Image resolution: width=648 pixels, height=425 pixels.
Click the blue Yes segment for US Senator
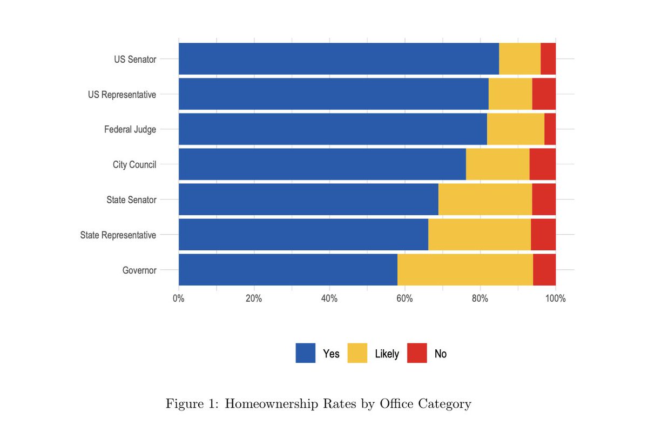[x=339, y=59]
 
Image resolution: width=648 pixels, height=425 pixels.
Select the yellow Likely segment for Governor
[x=465, y=269]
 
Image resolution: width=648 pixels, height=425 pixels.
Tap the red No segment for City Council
[x=542, y=164]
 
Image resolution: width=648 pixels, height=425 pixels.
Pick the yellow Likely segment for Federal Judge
[x=515, y=129]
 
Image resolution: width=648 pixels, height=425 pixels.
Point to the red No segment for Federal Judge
[x=550, y=129]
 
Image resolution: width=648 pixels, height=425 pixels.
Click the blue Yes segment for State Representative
[x=303, y=234]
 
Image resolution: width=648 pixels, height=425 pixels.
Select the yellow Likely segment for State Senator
[x=485, y=200]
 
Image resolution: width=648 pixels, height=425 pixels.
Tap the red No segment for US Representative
[x=544, y=94]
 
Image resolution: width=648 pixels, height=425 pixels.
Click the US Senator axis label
[x=135, y=59]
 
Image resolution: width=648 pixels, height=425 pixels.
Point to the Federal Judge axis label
[x=130, y=130]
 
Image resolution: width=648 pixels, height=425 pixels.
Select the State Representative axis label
[x=118, y=235]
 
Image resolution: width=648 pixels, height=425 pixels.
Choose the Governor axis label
[x=139, y=270]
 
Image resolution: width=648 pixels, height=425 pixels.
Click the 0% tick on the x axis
[x=179, y=298]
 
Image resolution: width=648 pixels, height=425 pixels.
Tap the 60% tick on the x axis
[x=404, y=298]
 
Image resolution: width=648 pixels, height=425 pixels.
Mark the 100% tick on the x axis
[x=555, y=298]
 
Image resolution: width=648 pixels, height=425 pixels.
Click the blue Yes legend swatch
[x=306, y=353]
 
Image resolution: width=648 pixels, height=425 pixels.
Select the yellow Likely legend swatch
[x=357, y=353]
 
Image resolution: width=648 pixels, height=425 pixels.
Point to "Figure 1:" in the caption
[x=192, y=404]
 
